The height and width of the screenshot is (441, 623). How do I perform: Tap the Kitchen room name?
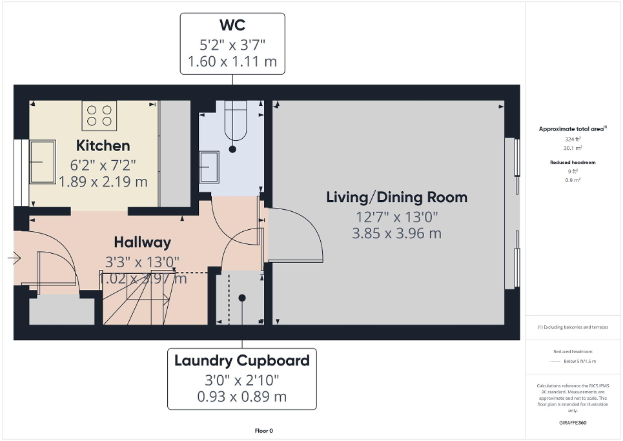coord(103,145)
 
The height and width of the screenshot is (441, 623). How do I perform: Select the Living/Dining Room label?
coord(396,197)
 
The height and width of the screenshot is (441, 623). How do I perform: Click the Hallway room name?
coord(142,242)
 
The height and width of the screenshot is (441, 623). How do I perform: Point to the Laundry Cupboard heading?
coord(242,360)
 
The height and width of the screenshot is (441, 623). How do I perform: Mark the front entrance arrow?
coord(14,258)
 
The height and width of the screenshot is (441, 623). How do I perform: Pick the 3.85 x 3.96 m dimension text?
coord(396,233)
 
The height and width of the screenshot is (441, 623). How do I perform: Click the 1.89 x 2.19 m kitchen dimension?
coord(103,182)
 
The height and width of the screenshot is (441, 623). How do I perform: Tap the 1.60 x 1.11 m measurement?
coord(232,62)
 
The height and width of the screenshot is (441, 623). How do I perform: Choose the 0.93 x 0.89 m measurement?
coord(242,396)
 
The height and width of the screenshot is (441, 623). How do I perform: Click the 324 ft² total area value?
coord(573,139)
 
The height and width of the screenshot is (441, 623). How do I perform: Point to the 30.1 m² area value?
coord(573,147)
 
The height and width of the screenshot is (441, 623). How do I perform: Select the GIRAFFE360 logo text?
coord(573,423)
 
